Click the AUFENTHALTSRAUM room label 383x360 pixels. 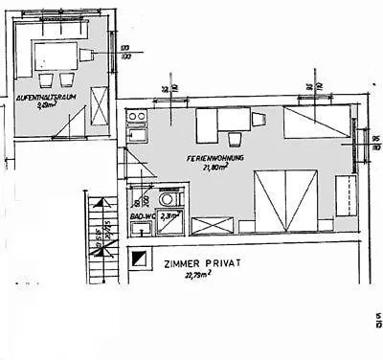point(41,97)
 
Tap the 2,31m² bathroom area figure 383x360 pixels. point(169,217)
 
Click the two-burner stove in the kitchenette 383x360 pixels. point(136,117)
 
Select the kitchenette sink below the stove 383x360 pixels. point(136,133)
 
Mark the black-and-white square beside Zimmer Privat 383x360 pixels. point(141,259)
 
